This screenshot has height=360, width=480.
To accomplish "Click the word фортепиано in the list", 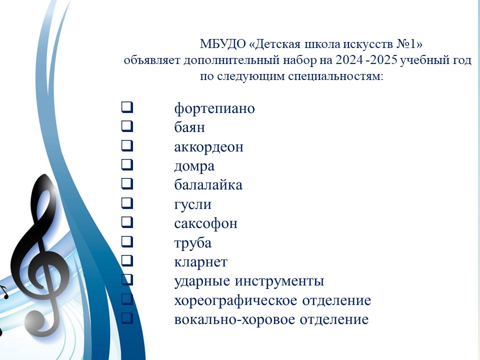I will point(214,108).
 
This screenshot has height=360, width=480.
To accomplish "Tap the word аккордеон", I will point(208,147).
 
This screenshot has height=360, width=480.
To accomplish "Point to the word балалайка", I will point(208,185).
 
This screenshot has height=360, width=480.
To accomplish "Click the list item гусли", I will point(192,204).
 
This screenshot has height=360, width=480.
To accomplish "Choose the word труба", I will point(192,243).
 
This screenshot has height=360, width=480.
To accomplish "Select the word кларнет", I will point(200,262).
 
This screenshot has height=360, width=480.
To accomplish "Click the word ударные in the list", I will point(202,281).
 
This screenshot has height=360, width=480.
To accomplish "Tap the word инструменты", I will point(280,281).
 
